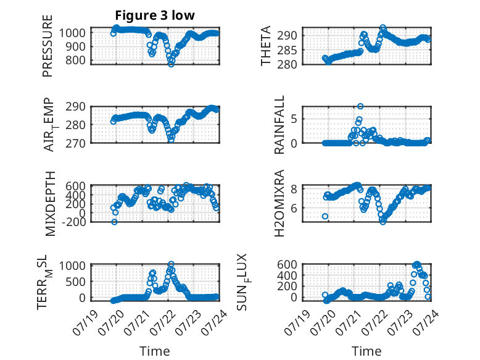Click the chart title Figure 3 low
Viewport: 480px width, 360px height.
[x=155, y=15]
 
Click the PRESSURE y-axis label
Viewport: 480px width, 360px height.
[x=48, y=46]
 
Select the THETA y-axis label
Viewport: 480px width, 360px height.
[x=266, y=46]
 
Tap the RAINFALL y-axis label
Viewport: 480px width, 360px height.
[x=279, y=125]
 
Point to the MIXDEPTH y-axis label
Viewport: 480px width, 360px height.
[x=50, y=204]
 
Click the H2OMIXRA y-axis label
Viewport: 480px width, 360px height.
[x=279, y=203]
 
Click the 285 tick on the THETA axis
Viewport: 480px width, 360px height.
[x=287, y=50]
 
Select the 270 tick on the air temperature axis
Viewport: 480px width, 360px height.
[x=75, y=143]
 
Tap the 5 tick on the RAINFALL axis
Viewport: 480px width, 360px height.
[x=294, y=119]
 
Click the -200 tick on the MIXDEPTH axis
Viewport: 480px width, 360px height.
[x=73, y=222]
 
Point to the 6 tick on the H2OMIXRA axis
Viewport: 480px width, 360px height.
[x=294, y=208]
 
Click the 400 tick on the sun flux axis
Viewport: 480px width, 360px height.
[x=287, y=275]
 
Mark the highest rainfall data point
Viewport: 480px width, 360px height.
[x=360, y=106]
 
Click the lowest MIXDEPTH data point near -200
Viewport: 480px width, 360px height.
[x=114, y=222]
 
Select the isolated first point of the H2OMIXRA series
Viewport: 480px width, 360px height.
[x=325, y=216]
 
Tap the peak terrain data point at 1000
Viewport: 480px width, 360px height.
[x=171, y=264]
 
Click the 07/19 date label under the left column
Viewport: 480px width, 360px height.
[x=85, y=322]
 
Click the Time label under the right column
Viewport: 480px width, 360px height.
[x=366, y=351]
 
